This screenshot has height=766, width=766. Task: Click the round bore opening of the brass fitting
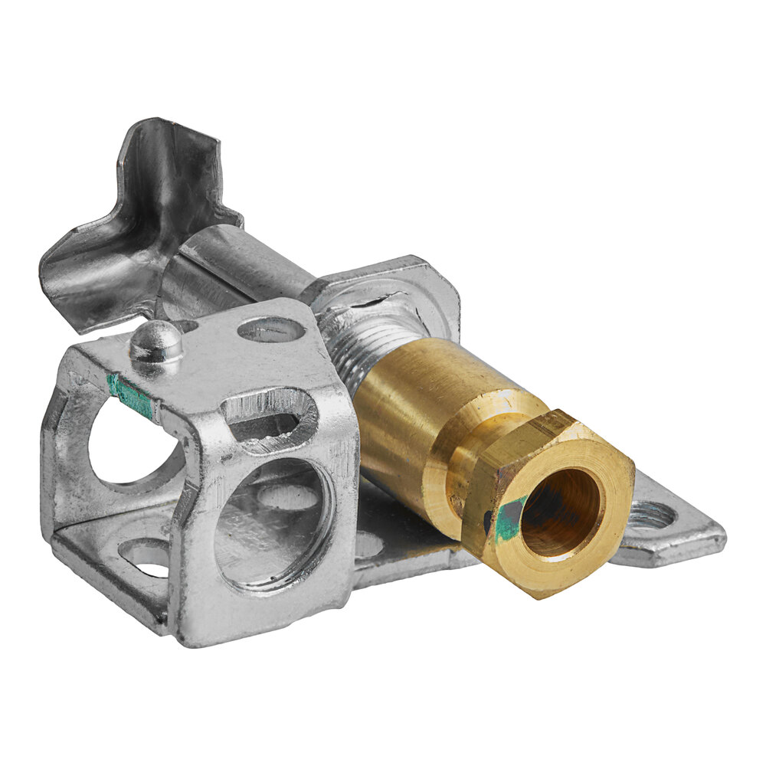(x=560, y=512)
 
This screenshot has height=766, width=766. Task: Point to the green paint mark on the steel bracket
(x=129, y=395)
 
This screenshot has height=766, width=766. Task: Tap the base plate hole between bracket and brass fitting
(x=369, y=544)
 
